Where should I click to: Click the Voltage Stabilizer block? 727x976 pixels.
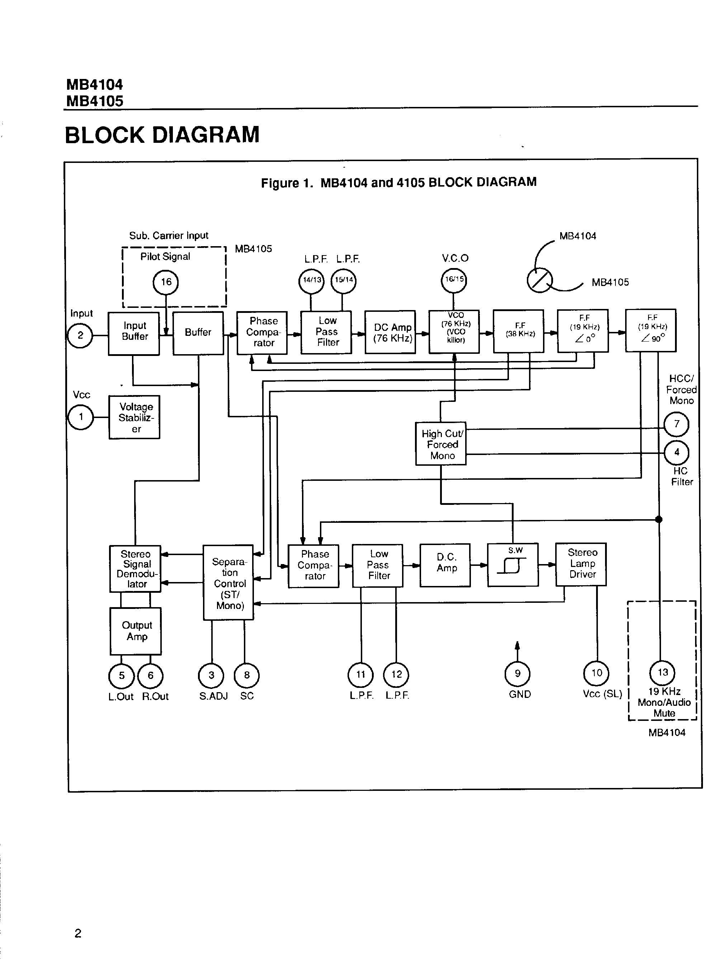click(134, 417)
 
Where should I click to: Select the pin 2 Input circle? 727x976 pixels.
click(80, 335)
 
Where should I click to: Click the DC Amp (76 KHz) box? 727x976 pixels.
click(390, 332)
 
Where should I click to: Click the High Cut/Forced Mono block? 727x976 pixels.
click(441, 444)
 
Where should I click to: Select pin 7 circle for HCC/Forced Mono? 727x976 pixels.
click(676, 424)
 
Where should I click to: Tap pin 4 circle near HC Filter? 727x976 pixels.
click(676, 452)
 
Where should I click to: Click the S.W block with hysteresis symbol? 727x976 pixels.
click(513, 565)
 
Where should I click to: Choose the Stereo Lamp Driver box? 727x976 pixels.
click(581, 564)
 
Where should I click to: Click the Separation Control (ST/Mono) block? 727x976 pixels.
click(228, 582)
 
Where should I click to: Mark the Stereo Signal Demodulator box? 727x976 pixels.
click(135, 569)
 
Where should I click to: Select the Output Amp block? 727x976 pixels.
click(136, 631)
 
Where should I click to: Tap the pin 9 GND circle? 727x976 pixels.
click(518, 674)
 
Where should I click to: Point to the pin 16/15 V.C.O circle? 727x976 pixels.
click(454, 280)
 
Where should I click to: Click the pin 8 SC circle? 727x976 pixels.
click(246, 675)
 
